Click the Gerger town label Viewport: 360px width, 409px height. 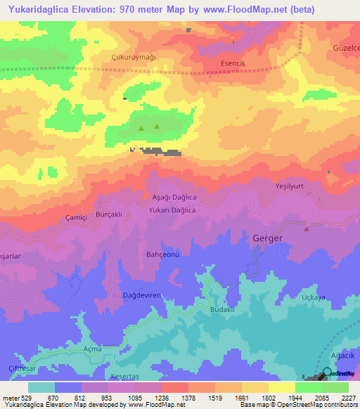tap(267, 239)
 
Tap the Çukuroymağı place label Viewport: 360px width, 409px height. tap(134, 57)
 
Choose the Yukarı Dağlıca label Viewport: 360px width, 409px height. tap(172, 210)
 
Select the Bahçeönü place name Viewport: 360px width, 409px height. tap(163, 254)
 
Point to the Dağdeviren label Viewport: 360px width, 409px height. tap(142, 295)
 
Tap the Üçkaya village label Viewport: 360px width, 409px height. tap(313, 298)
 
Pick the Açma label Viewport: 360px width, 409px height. tap(92, 349)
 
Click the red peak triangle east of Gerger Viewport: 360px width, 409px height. tap(306, 228)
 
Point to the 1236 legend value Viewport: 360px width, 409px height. tap(162, 398)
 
